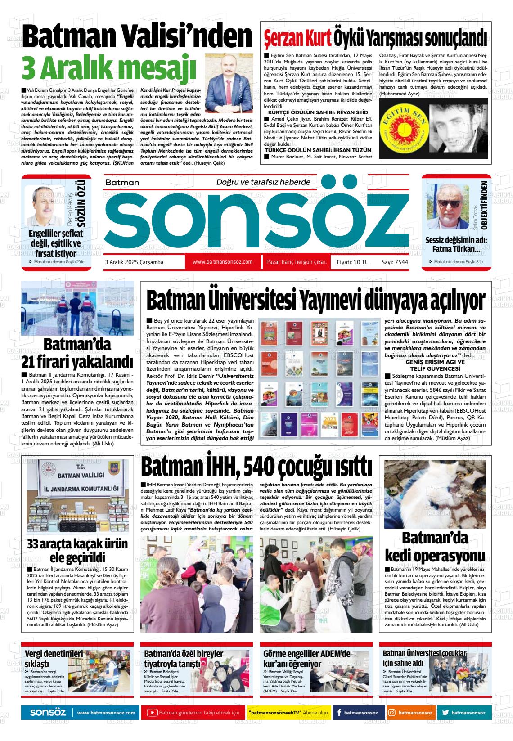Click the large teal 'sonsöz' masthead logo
tap(256, 220)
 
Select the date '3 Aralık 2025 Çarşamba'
tap(134, 262)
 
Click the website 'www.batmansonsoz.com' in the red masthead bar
tap(222, 262)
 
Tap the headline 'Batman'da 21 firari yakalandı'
tap(77, 353)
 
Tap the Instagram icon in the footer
tap(392, 713)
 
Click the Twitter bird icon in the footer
tap(445, 713)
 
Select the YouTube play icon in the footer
tap(153, 713)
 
